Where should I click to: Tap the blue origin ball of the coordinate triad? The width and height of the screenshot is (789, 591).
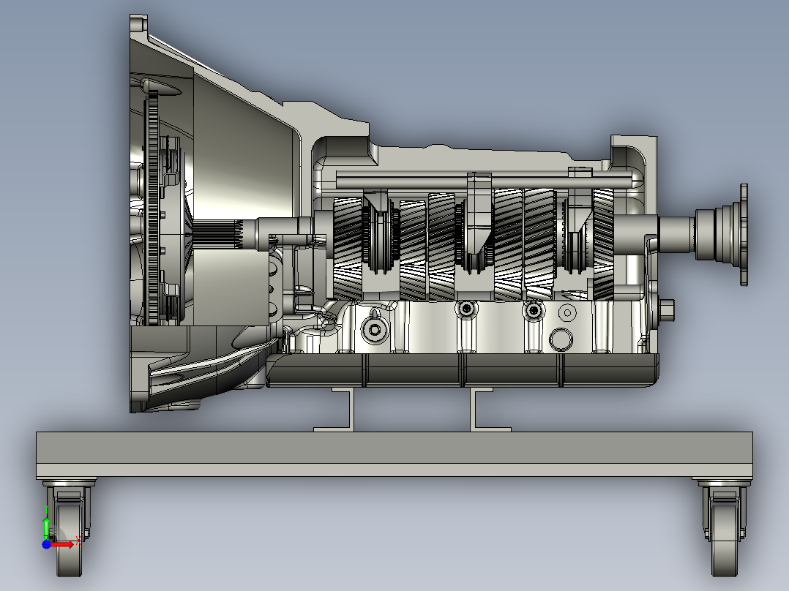click(46, 544)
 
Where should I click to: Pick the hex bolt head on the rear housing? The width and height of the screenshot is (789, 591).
click(668, 310)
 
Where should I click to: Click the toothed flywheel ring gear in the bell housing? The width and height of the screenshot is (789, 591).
click(152, 205)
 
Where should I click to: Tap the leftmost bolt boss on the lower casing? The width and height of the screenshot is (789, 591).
click(375, 330)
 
